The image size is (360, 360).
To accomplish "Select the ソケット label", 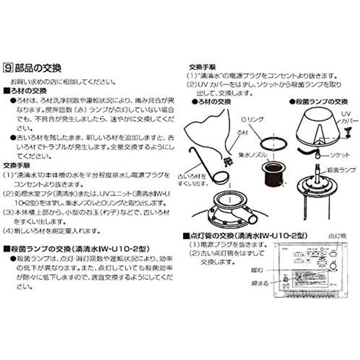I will click(x=340, y=154).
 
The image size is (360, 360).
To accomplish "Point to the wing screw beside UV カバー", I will click(x=347, y=131).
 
